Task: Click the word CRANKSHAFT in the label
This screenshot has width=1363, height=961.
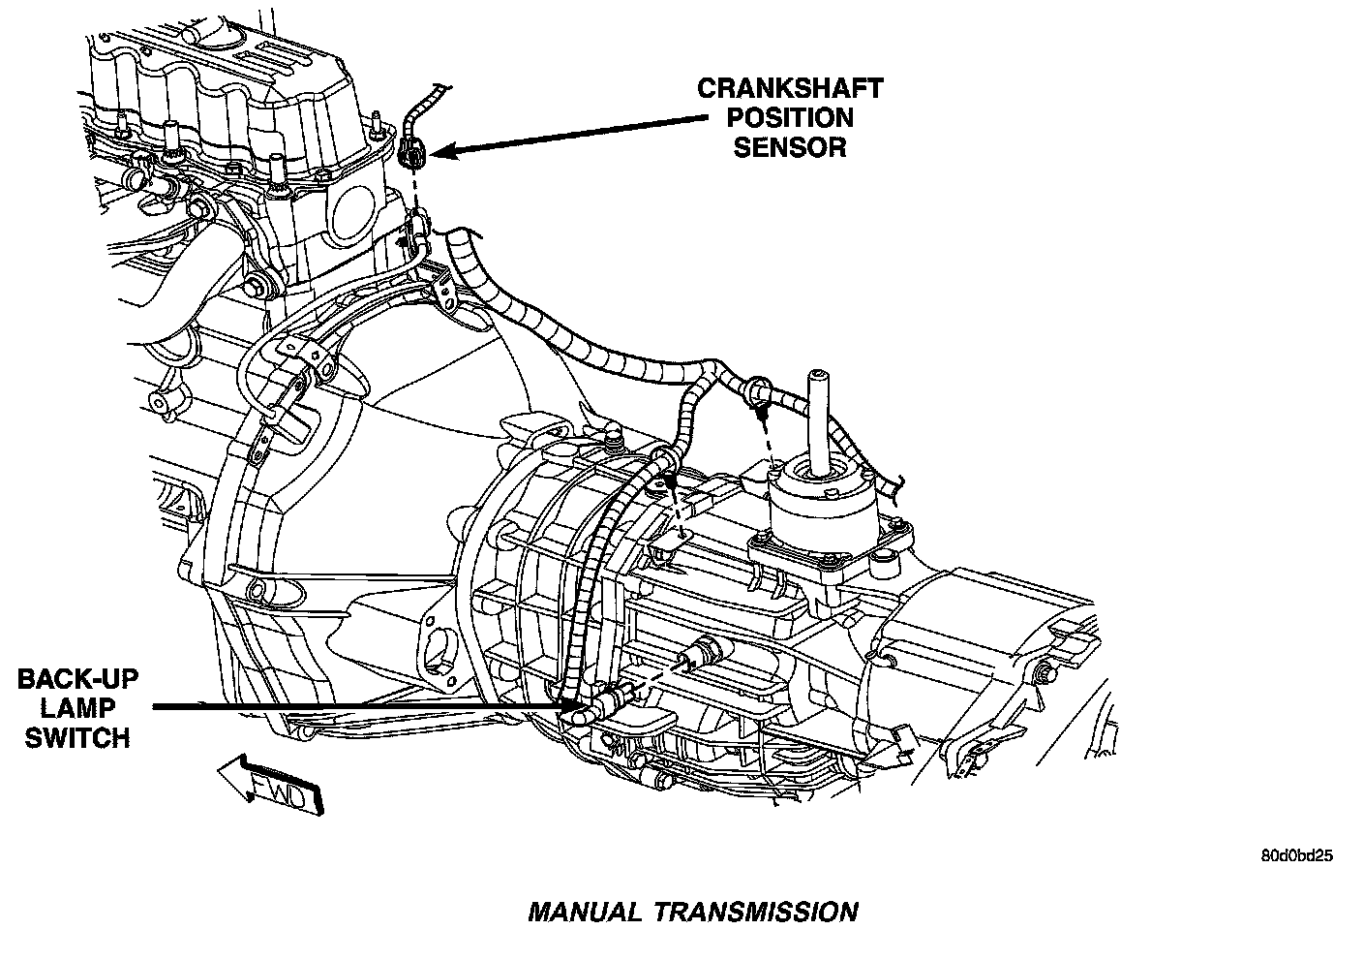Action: pos(790,88)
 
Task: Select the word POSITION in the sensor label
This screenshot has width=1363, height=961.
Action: pos(790,117)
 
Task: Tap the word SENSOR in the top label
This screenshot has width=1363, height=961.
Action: pos(790,146)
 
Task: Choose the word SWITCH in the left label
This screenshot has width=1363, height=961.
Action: pos(76,737)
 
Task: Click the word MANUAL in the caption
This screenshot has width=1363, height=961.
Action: pos(584,912)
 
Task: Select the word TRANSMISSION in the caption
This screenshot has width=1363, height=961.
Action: pos(755,912)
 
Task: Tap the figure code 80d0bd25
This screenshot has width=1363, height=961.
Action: pos(1297,856)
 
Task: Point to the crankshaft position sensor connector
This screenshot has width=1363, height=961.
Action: pos(411,150)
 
